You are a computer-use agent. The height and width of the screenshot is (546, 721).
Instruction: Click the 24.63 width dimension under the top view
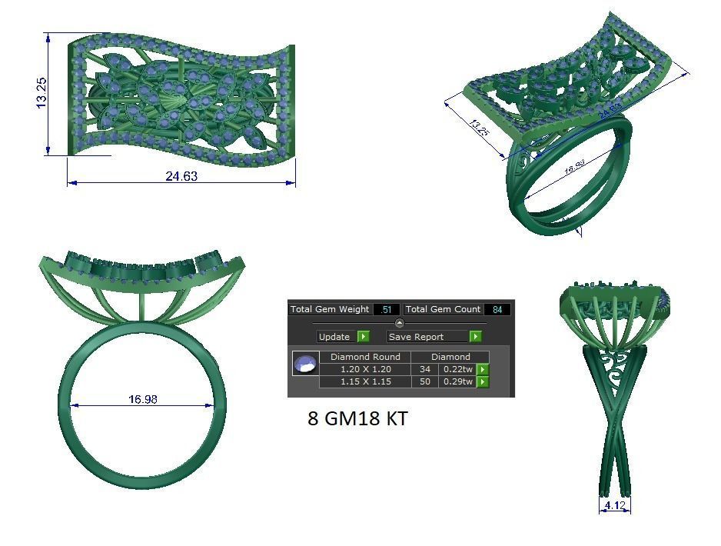181,176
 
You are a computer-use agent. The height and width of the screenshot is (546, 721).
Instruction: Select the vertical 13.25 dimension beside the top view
42,93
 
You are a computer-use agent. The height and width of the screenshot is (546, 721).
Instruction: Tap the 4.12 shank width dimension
614,505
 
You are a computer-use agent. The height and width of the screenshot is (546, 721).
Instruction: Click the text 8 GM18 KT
357,418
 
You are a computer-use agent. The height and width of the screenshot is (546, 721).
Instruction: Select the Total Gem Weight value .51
386,309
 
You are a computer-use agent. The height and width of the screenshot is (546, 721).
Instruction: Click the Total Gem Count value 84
497,309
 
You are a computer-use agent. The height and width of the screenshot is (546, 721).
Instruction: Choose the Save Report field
427,337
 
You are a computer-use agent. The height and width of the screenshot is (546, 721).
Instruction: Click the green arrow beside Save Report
476,337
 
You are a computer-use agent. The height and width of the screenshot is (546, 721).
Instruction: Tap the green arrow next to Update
364,337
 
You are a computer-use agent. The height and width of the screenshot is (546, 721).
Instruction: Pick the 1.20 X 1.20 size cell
365,369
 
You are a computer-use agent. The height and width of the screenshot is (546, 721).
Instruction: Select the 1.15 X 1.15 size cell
365,381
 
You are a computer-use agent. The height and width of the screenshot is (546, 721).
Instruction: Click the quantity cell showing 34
424,369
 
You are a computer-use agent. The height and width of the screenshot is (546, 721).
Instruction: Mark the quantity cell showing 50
424,381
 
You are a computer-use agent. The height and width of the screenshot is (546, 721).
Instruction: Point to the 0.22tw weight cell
458,369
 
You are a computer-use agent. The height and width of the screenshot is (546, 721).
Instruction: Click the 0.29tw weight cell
458,381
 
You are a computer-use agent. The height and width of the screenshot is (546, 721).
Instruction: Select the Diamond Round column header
365,357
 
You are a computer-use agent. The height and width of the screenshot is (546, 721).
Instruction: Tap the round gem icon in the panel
305,363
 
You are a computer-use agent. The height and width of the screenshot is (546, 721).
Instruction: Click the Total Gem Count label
443,309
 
